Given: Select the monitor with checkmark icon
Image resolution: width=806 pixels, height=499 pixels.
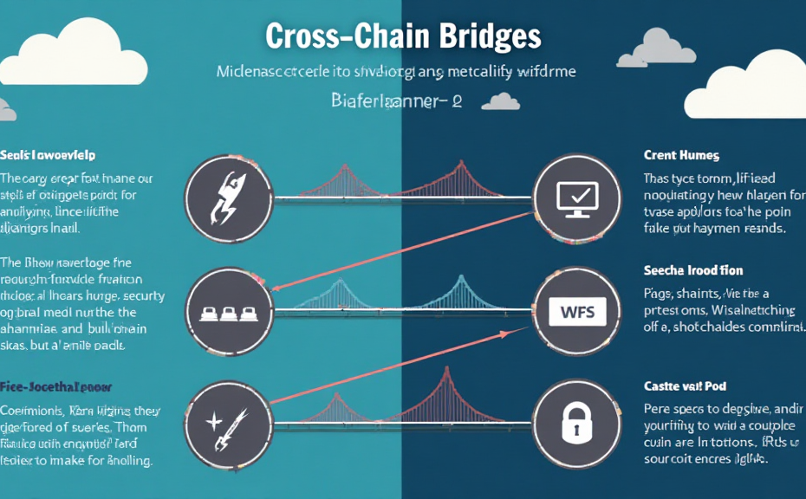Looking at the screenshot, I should click(576, 198).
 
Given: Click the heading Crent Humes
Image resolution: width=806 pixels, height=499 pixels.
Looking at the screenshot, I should click(681, 156).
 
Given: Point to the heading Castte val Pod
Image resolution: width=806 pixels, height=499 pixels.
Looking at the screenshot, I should click(684, 385).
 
